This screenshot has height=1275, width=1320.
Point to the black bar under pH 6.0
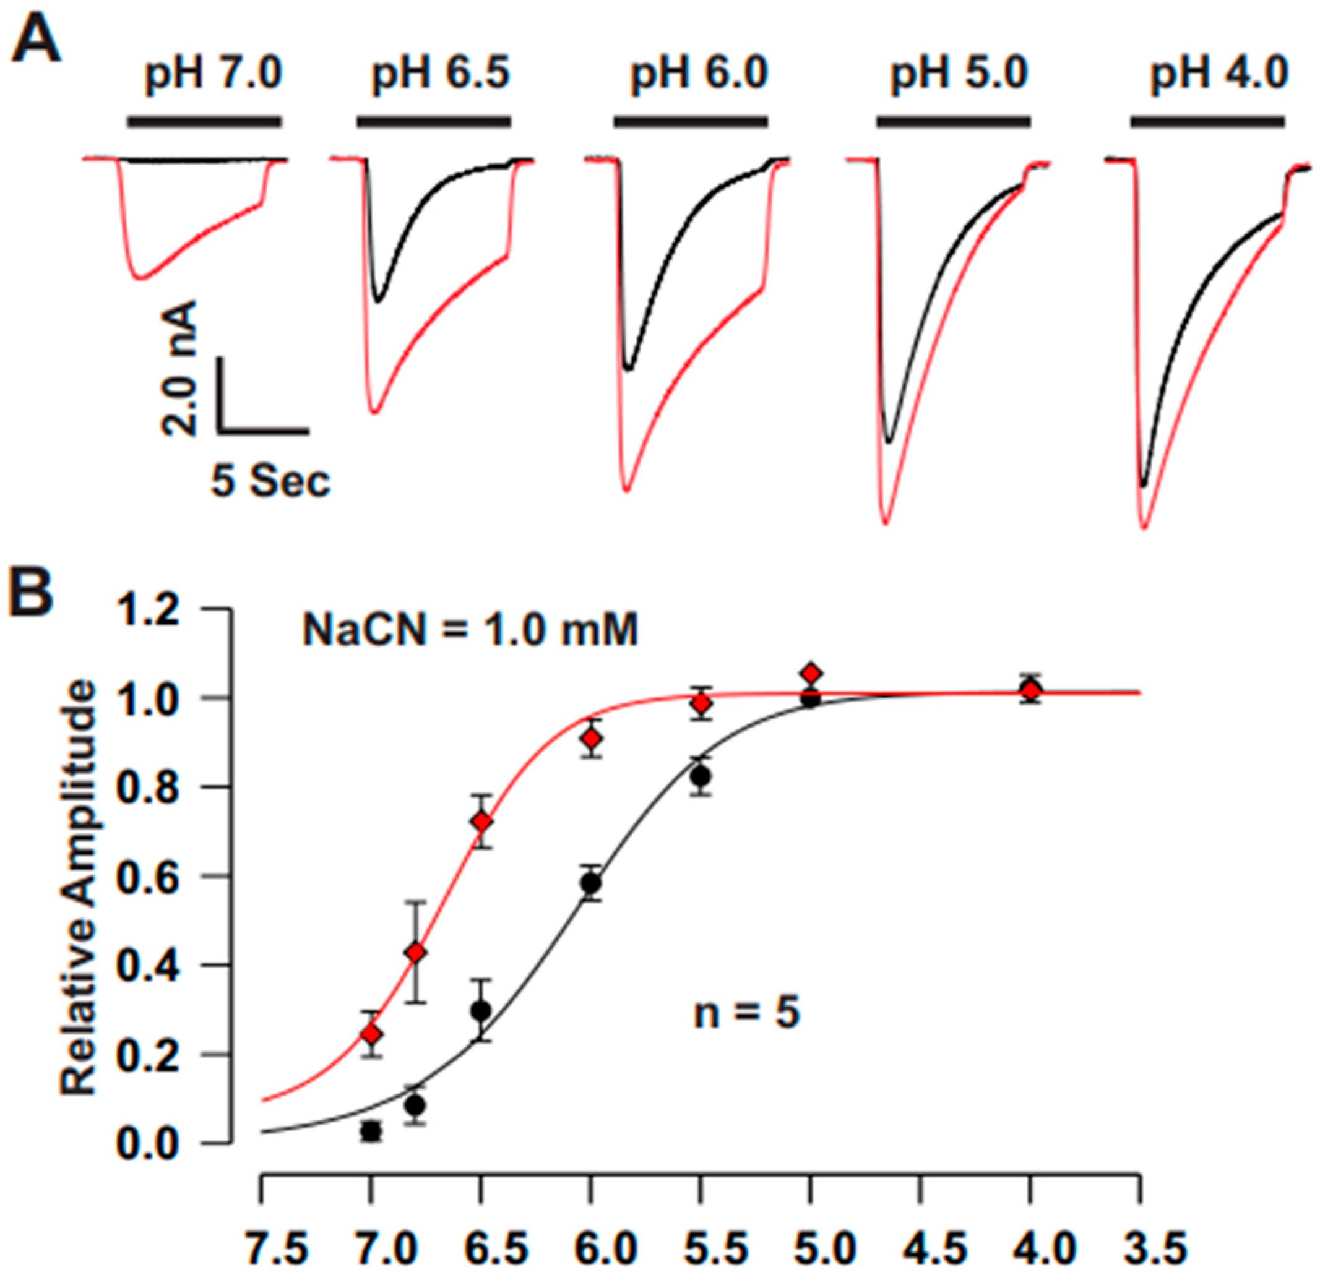tap(690, 122)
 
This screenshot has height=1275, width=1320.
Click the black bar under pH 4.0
tap(1207, 122)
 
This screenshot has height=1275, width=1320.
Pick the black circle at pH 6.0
tap(591, 883)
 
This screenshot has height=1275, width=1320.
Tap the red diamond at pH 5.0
tap(811, 673)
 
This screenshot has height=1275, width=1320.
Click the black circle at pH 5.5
tap(701, 776)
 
